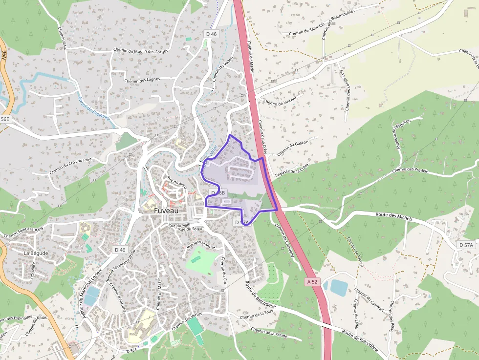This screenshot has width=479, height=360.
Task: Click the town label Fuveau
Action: pyautogui.click(x=159, y=210)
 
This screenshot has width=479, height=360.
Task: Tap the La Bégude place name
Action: pyautogui.click(x=36, y=254)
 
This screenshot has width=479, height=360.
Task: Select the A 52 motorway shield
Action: pyautogui.click(x=313, y=282)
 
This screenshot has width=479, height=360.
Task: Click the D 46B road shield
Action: pyautogui.click(x=218, y=193)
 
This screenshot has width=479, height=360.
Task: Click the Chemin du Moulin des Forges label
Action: pyautogui.click(x=141, y=50)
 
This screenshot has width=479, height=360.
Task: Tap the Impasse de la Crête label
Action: pyautogui.click(x=292, y=170)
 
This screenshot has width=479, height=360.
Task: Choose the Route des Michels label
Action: pyautogui.click(x=394, y=217)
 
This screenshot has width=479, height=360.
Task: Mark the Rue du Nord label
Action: pyautogui.click(x=177, y=182)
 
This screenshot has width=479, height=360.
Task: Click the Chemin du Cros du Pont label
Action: pyautogui.click(x=70, y=167)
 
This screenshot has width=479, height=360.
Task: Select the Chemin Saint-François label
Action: pyautogui.click(x=23, y=232)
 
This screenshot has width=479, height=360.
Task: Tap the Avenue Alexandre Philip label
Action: pyautogui.click(x=121, y=267)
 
